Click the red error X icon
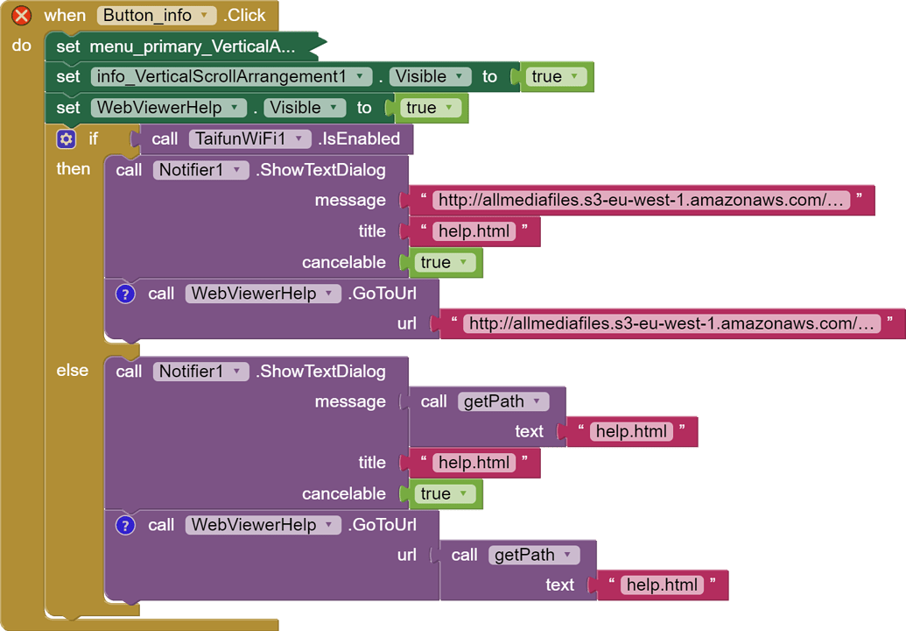point(22,15)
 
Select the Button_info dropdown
point(157,15)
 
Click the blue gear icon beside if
point(66,138)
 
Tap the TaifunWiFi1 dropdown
point(249,138)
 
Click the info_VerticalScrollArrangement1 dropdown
point(231,76)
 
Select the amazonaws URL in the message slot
point(642,201)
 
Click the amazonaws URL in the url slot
point(672,323)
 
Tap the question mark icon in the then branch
point(126,294)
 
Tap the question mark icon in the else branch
point(126,525)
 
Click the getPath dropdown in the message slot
point(502,401)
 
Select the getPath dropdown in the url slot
point(533,555)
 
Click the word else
point(73,371)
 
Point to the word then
point(74,168)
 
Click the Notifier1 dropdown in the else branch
point(200,372)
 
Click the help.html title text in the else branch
point(474,463)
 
